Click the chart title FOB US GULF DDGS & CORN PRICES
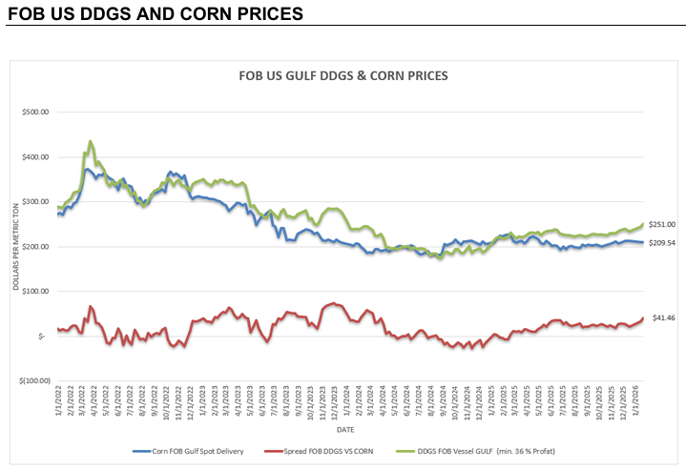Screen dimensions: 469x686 point(342,74)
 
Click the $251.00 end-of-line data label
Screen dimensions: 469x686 point(662,224)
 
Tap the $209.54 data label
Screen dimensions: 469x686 point(662,243)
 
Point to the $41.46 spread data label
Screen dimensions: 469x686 point(662,317)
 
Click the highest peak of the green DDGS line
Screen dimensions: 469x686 point(91,141)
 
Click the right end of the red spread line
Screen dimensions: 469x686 point(643,317)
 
